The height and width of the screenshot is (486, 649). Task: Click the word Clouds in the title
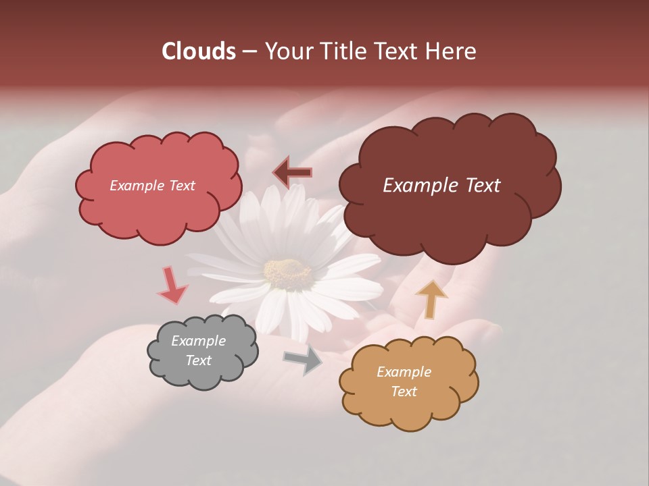(198, 51)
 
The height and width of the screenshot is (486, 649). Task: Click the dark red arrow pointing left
(293, 173)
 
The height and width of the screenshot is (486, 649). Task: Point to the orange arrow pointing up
(431, 299)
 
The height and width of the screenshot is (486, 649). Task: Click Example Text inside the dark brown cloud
(441, 186)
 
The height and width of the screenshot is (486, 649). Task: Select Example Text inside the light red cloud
(152, 186)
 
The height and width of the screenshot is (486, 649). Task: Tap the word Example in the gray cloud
(198, 342)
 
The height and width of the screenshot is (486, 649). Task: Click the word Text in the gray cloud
(198, 360)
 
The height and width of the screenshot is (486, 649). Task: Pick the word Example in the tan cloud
(404, 372)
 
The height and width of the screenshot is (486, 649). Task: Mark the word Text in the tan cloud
(404, 391)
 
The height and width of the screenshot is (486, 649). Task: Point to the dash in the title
(249, 52)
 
